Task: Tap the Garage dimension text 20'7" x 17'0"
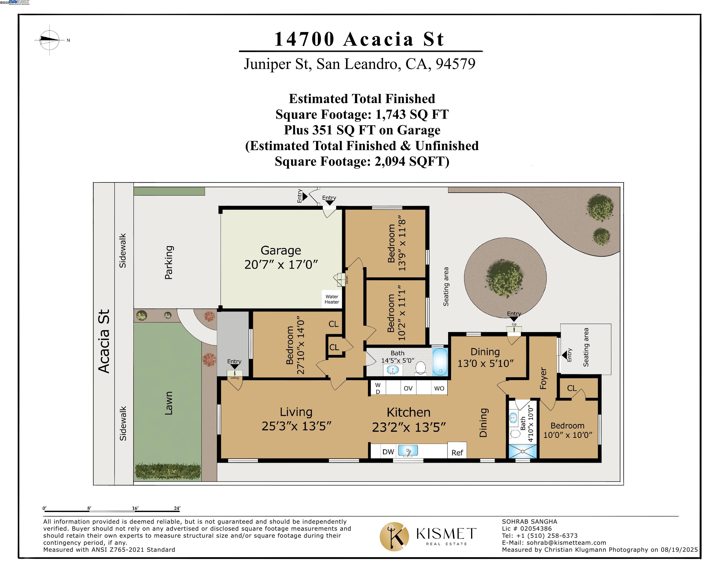click(281, 265)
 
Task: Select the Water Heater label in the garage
click(331, 299)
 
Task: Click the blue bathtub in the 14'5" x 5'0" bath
click(440, 362)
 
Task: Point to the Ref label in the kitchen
click(457, 453)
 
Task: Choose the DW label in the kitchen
click(388, 452)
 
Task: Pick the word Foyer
click(543, 378)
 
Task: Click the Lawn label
click(169, 403)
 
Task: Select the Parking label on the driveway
click(169, 263)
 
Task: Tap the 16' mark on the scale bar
click(135, 508)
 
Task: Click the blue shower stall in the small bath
click(523, 451)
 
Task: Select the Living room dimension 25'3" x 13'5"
click(296, 426)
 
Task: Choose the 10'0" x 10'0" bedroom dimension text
click(567, 435)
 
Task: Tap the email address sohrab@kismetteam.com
click(566, 542)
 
